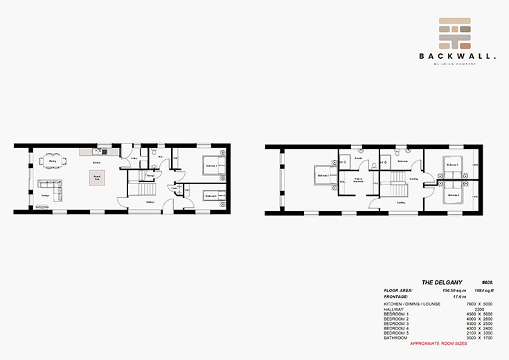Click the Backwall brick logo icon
(456, 33)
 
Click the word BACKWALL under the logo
(456, 57)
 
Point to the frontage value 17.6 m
(439, 296)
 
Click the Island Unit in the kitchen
(95, 179)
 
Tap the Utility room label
(134, 159)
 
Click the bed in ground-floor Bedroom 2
(211, 196)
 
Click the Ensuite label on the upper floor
(359, 158)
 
